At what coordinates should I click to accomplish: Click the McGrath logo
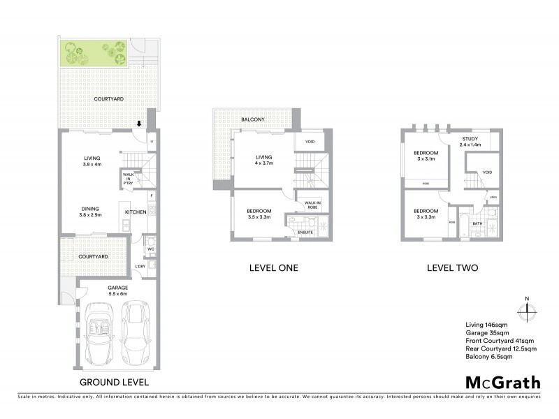click(502, 382)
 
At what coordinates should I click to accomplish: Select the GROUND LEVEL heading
click(113, 382)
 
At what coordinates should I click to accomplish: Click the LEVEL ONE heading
click(274, 267)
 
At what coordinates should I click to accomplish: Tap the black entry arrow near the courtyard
click(139, 124)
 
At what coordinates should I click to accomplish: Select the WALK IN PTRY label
click(128, 179)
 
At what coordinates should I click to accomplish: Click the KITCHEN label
click(135, 212)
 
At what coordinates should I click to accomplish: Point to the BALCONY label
click(252, 120)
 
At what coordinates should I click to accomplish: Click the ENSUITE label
click(305, 232)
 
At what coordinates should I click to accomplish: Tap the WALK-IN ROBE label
click(311, 205)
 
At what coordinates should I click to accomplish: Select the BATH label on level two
click(478, 223)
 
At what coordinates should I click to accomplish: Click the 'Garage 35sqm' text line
click(487, 332)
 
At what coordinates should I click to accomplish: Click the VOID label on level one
click(310, 142)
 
